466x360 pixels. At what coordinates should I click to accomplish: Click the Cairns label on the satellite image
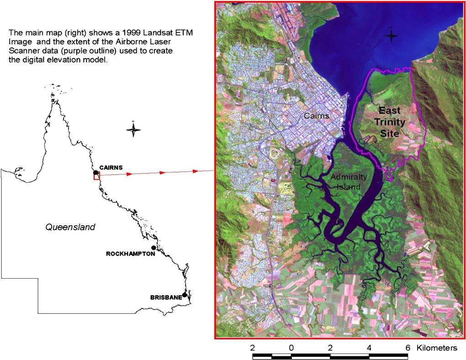(x=317, y=116)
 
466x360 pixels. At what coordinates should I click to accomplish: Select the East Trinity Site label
(x=390, y=122)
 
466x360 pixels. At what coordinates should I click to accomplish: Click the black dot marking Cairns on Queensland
(x=95, y=173)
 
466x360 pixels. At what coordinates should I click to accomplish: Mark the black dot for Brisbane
(x=185, y=295)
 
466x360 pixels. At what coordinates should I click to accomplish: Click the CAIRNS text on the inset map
(x=111, y=168)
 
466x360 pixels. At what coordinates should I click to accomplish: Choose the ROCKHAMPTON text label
(x=130, y=254)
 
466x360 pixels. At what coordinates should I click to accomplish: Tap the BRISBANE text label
(x=166, y=297)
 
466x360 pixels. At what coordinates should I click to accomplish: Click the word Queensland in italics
(x=70, y=227)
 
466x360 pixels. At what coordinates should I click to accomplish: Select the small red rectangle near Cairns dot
(x=96, y=177)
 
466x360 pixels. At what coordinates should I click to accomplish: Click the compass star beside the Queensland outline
(x=133, y=130)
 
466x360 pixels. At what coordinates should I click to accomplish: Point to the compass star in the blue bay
(x=391, y=36)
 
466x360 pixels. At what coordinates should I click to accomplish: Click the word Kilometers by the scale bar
(x=437, y=348)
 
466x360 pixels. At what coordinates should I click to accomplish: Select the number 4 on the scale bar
(x=369, y=348)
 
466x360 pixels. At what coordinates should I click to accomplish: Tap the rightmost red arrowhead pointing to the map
(x=196, y=171)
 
